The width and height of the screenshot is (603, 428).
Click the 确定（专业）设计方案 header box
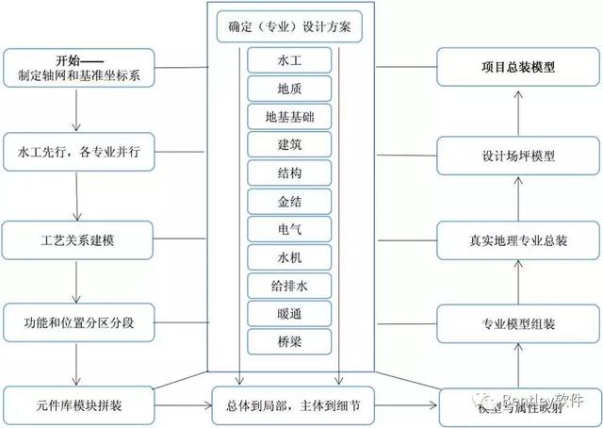289,25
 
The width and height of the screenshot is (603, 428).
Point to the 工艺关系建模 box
76,239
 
